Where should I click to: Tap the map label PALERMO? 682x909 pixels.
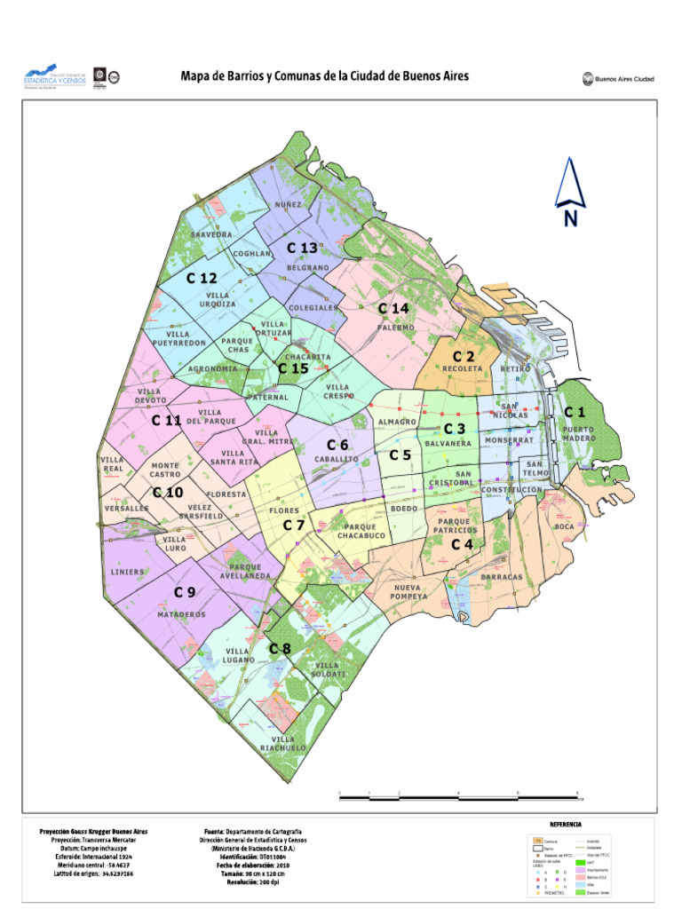coord(396,328)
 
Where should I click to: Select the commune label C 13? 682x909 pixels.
coord(302,248)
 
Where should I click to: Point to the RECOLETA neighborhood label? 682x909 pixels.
coord(463,368)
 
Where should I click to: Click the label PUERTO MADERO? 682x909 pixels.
coord(579,434)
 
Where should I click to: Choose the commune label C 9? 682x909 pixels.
coord(185,592)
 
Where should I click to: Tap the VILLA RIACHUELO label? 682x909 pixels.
coord(283,744)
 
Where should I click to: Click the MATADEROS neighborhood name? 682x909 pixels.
coord(182,614)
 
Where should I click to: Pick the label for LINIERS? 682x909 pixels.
coord(127,573)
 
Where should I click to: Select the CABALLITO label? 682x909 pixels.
coord(337,460)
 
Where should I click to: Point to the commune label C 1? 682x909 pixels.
coord(575,412)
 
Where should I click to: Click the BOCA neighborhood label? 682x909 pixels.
coord(565,526)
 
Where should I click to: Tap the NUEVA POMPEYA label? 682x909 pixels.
coord(410,592)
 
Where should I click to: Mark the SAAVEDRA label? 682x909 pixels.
coord(211,235)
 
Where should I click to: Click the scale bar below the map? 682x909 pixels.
coord(459,797)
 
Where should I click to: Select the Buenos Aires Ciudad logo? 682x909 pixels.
coord(619,79)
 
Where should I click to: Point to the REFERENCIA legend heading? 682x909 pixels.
coord(565,825)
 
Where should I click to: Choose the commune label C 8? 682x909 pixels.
coord(281,649)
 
